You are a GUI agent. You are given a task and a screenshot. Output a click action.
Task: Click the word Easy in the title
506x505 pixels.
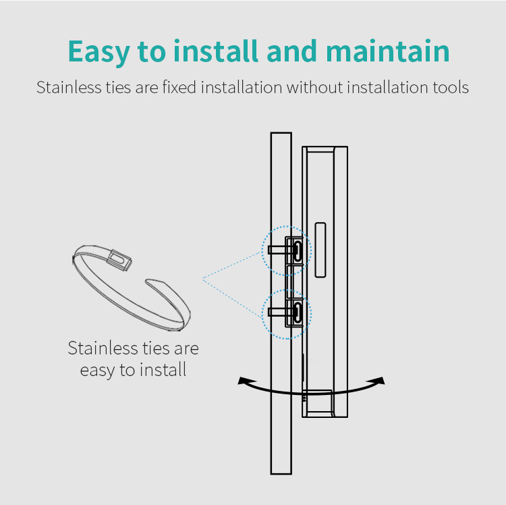[x=99, y=52]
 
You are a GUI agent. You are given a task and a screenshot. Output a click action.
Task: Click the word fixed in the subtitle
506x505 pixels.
[x=179, y=87]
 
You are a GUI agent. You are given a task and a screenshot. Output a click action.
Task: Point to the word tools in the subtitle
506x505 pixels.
[x=451, y=87]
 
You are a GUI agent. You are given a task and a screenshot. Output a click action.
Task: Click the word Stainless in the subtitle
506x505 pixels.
[x=69, y=87]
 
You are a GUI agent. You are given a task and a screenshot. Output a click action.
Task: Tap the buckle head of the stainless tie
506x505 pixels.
[x=119, y=259]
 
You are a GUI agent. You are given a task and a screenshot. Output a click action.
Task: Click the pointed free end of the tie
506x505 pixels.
[x=148, y=282]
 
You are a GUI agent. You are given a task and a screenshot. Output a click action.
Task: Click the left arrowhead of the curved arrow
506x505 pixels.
[x=243, y=380]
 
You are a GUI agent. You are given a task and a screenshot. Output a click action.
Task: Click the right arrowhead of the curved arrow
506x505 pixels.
[x=380, y=380]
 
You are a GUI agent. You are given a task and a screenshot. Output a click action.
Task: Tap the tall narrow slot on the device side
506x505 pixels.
[x=320, y=250]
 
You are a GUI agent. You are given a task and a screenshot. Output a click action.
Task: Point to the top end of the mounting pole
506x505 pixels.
[x=281, y=133]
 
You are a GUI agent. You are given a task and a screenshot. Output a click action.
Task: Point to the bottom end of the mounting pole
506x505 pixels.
[x=281, y=474]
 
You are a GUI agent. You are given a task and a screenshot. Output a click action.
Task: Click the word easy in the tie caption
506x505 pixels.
[x=98, y=371]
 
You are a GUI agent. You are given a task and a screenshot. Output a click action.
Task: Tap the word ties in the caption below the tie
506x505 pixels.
[x=157, y=348]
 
